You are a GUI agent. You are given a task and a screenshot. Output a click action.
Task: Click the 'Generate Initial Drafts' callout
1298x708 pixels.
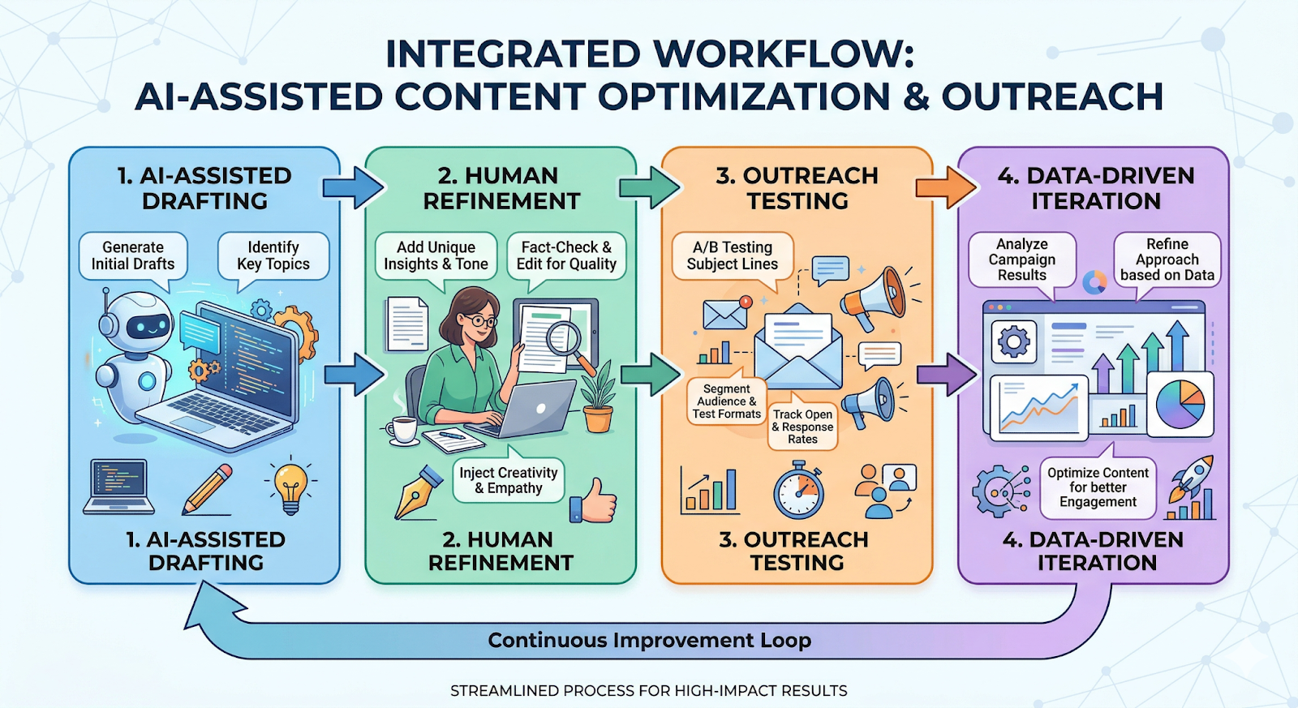(133, 255)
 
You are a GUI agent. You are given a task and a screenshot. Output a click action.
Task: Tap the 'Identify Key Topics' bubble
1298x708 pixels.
(273, 255)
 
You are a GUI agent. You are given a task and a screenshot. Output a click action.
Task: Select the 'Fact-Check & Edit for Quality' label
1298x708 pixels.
(566, 255)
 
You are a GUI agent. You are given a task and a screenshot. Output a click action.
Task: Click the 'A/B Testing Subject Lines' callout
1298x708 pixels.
(732, 255)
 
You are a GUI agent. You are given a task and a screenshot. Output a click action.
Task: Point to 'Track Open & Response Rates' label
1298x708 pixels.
(802, 427)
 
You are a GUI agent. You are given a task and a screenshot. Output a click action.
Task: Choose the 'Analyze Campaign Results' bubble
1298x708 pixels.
(1021, 260)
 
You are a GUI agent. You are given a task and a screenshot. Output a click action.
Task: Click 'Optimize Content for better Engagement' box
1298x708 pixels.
(1098, 487)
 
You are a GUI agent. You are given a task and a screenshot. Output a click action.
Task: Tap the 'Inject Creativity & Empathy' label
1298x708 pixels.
(509, 480)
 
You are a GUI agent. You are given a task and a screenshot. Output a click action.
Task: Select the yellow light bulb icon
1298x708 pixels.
(290, 487)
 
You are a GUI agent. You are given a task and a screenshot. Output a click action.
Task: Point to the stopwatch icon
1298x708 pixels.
(798, 491)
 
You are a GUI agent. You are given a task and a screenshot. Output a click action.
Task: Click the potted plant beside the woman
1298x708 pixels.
(599, 397)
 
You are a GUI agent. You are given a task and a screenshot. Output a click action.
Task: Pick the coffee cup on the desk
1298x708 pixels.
(402, 430)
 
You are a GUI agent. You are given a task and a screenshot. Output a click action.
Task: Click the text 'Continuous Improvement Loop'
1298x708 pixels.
(649, 641)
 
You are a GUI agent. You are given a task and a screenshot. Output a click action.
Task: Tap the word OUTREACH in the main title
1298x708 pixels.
(1052, 97)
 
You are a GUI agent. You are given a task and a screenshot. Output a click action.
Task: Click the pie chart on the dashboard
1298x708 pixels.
(1180, 403)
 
